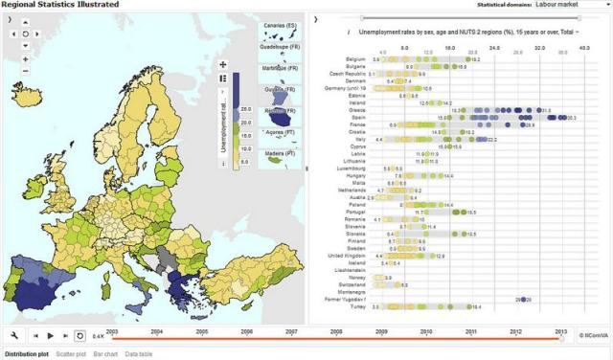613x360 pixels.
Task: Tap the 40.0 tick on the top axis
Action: pyautogui.click(x=584, y=45)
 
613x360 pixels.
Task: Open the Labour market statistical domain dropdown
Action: pyautogui.click(x=571, y=5)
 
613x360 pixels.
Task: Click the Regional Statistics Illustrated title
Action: pyautogui.click(x=60, y=5)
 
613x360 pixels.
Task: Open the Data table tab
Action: pyautogui.click(x=139, y=354)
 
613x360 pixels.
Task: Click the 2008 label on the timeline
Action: pyautogui.click(x=336, y=330)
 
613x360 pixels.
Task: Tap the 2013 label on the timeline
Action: pyautogui.click(x=560, y=330)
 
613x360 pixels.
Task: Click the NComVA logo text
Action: pyautogui.click(x=595, y=335)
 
